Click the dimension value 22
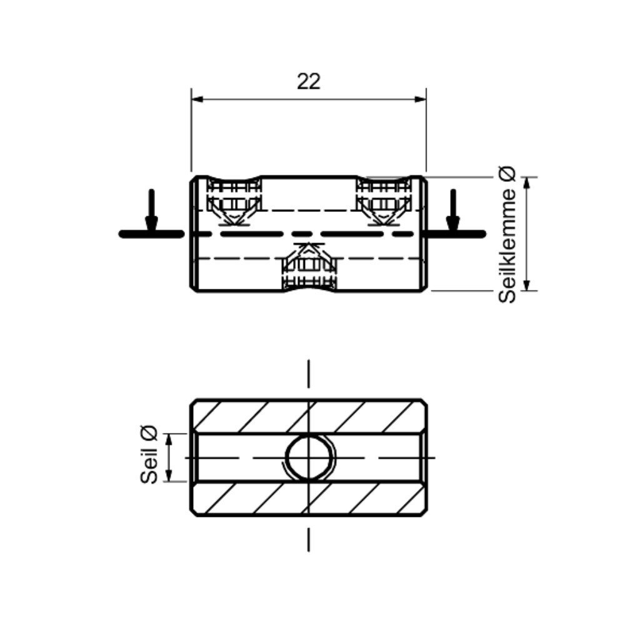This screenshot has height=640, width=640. pyautogui.click(x=309, y=81)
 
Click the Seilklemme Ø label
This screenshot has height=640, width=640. pyautogui.click(x=507, y=234)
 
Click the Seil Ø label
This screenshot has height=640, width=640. pyautogui.click(x=149, y=455)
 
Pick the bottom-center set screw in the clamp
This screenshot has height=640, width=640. pyautogui.click(x=309, y=266)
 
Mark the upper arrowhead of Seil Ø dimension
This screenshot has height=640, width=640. pyautogui.click(x=168, y=438)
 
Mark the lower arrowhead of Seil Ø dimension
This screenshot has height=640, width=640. pyautogui.click(x=168, y=477)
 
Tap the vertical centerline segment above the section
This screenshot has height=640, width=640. pyautogui.click(x=309, y=375)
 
